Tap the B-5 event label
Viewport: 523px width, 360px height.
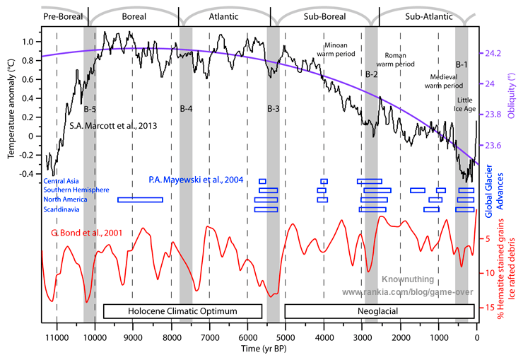click(90, 109)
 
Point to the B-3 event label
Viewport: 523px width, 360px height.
click(274, 109)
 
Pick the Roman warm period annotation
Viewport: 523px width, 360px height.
click(399, 59)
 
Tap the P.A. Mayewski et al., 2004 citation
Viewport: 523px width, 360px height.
click(196, 180)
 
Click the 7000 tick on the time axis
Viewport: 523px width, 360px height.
click(209, 337)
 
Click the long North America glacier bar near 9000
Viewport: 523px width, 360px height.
click(140, 200)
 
